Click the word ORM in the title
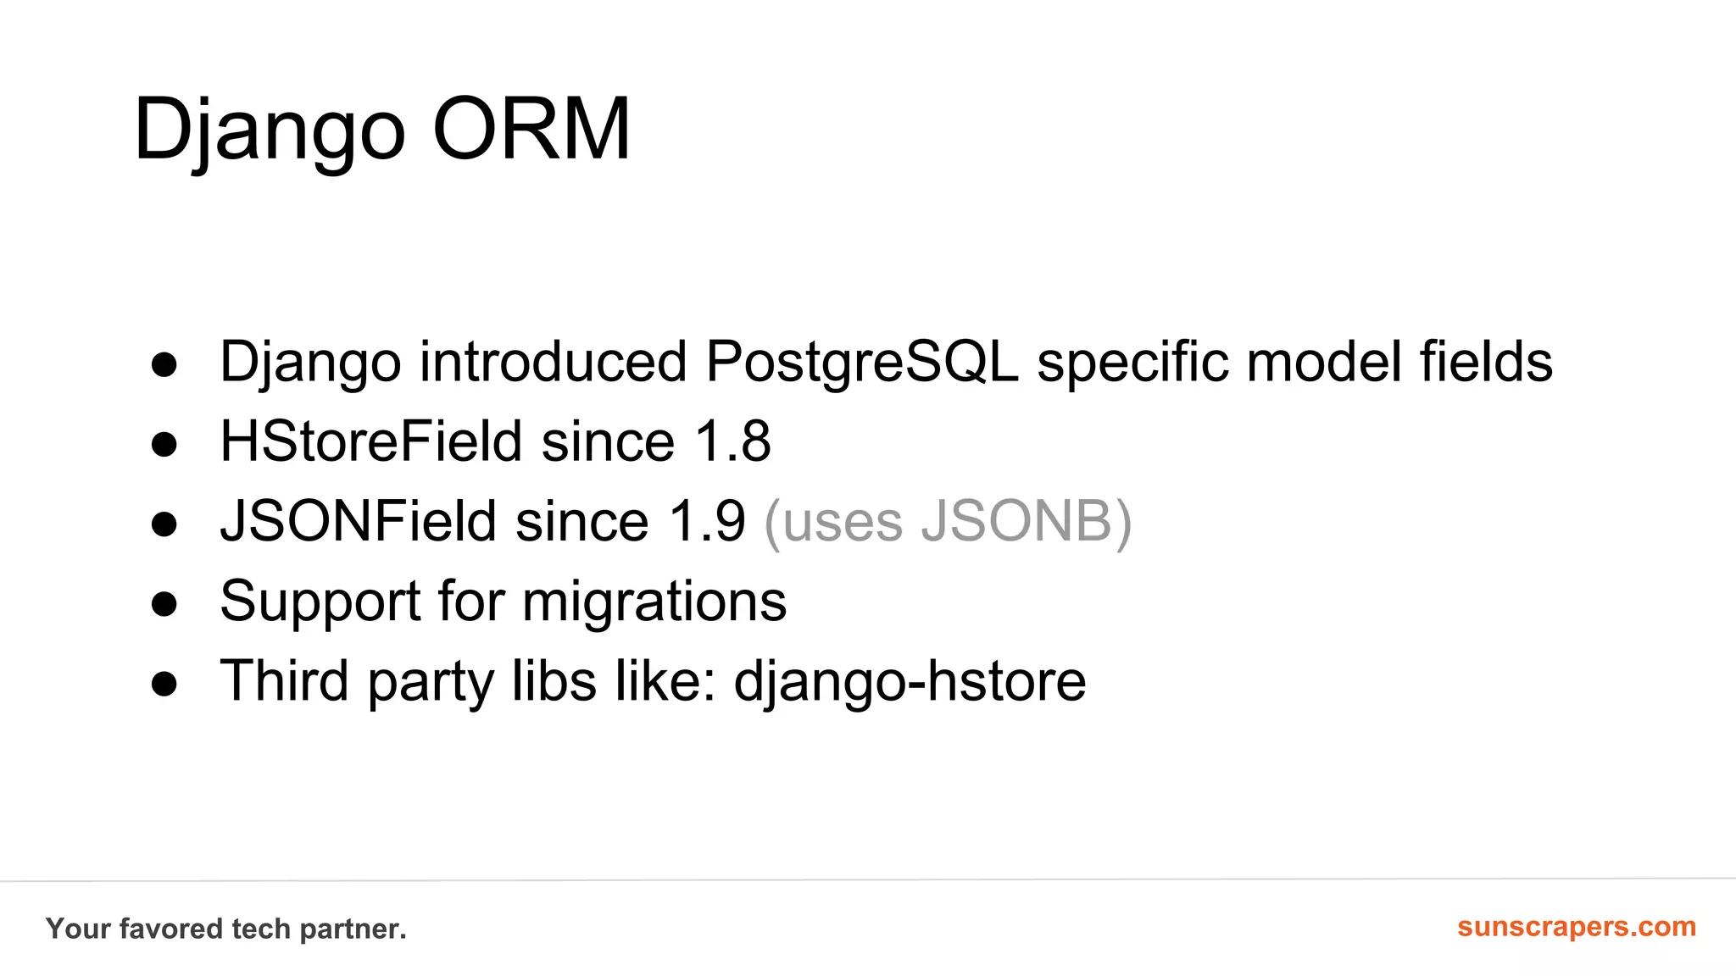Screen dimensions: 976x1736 click(x=531, y=129)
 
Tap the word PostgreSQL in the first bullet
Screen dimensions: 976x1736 click(x=861, y=362)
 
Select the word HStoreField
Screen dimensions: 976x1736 click(x=370, y=441)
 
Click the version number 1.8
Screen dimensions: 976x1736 click(x=732, y=441)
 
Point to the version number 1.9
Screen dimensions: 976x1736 click(x=707, y=521)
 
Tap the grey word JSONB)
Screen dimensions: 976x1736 click(x=1026, y=521)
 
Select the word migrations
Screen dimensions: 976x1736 click(x=654, y=602)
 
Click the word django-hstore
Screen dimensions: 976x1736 click(x=909, y=681)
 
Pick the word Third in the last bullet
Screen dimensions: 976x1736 click(x=284, y=681)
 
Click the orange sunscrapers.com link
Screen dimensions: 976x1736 click(x=1576, y=926)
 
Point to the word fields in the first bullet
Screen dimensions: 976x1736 click(x=1485, y=362)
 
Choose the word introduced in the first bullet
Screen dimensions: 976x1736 click(x=553, y=362)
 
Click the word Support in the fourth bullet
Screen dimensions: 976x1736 click(x=320, y=602)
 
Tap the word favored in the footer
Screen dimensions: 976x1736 click(x=170, y=929)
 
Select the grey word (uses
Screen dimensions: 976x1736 click(x=832, y=521)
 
